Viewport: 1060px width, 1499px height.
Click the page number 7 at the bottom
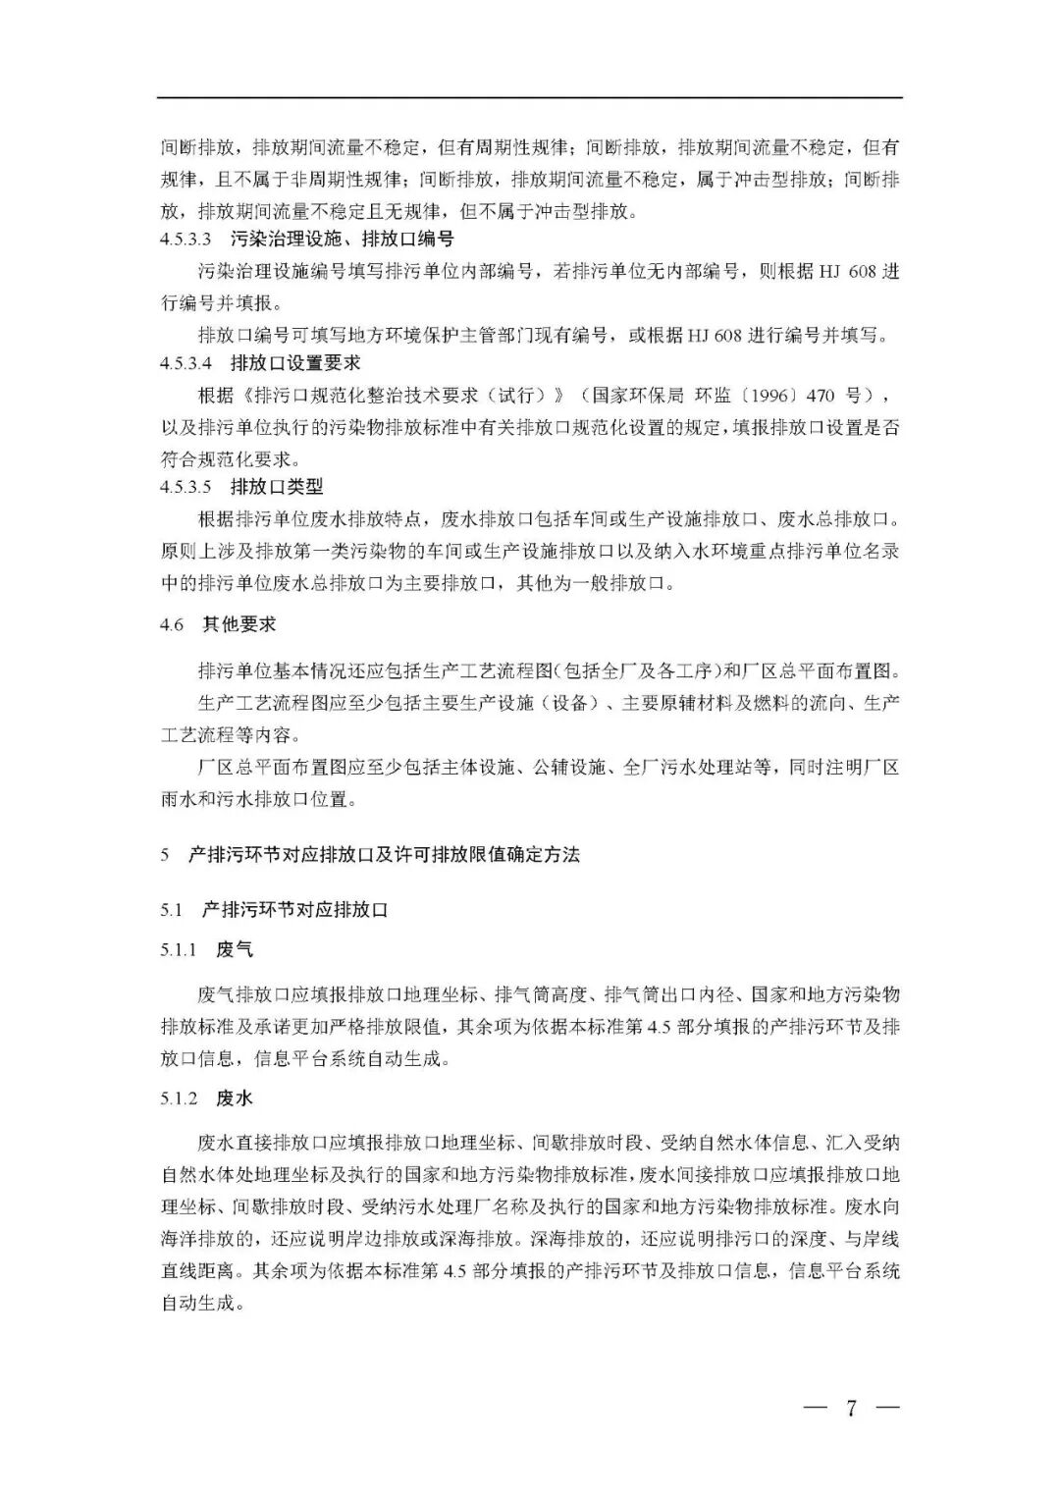pos(851,1408)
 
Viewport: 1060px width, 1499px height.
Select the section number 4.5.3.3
pos(186,239)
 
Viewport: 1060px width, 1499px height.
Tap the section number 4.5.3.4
pos(186,363)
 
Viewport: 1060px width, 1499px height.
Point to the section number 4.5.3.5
pos(186,487)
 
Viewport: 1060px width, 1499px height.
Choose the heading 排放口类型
pos(277,487)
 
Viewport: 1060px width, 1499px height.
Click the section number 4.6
pos(172,624)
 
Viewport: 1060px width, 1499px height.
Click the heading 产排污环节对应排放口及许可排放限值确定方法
pos(384,855)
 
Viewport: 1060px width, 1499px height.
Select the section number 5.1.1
pos(180,950)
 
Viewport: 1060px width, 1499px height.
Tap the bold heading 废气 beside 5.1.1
pos(235,950)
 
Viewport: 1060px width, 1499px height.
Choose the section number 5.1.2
pos(180,1098)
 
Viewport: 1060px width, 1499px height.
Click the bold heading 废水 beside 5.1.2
pos(235,1098)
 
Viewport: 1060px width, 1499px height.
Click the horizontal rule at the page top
pos(530,97)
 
